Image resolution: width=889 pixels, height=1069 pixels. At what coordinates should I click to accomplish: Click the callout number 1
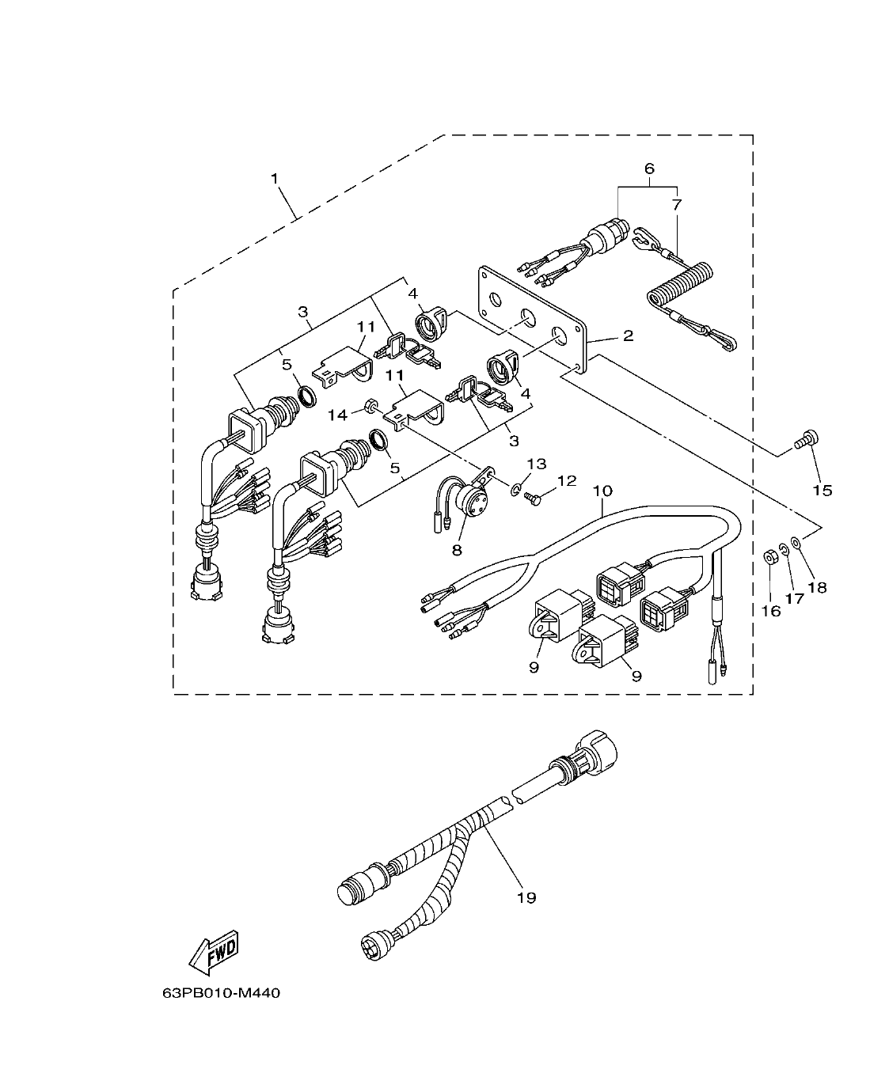275,179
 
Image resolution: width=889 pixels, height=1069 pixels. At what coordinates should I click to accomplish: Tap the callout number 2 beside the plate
627,336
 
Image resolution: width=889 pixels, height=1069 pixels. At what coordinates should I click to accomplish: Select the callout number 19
526,897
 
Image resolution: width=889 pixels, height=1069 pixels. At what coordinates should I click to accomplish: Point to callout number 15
823,491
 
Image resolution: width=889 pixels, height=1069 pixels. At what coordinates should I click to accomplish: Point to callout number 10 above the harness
602,491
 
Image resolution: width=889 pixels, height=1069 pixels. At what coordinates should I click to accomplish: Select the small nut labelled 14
369,407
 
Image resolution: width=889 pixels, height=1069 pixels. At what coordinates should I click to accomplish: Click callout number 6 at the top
649,169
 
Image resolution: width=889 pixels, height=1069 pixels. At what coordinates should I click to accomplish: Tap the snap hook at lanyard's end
723,343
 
